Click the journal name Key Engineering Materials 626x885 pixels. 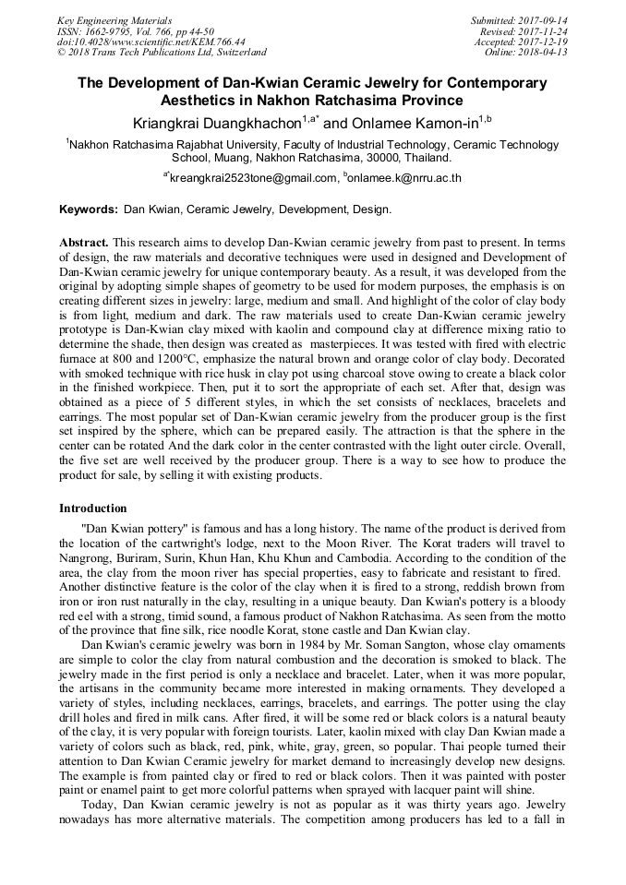tap(114, 19)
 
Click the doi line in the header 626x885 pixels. tap(151, 42)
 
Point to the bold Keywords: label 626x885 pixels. tap(89, 210)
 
